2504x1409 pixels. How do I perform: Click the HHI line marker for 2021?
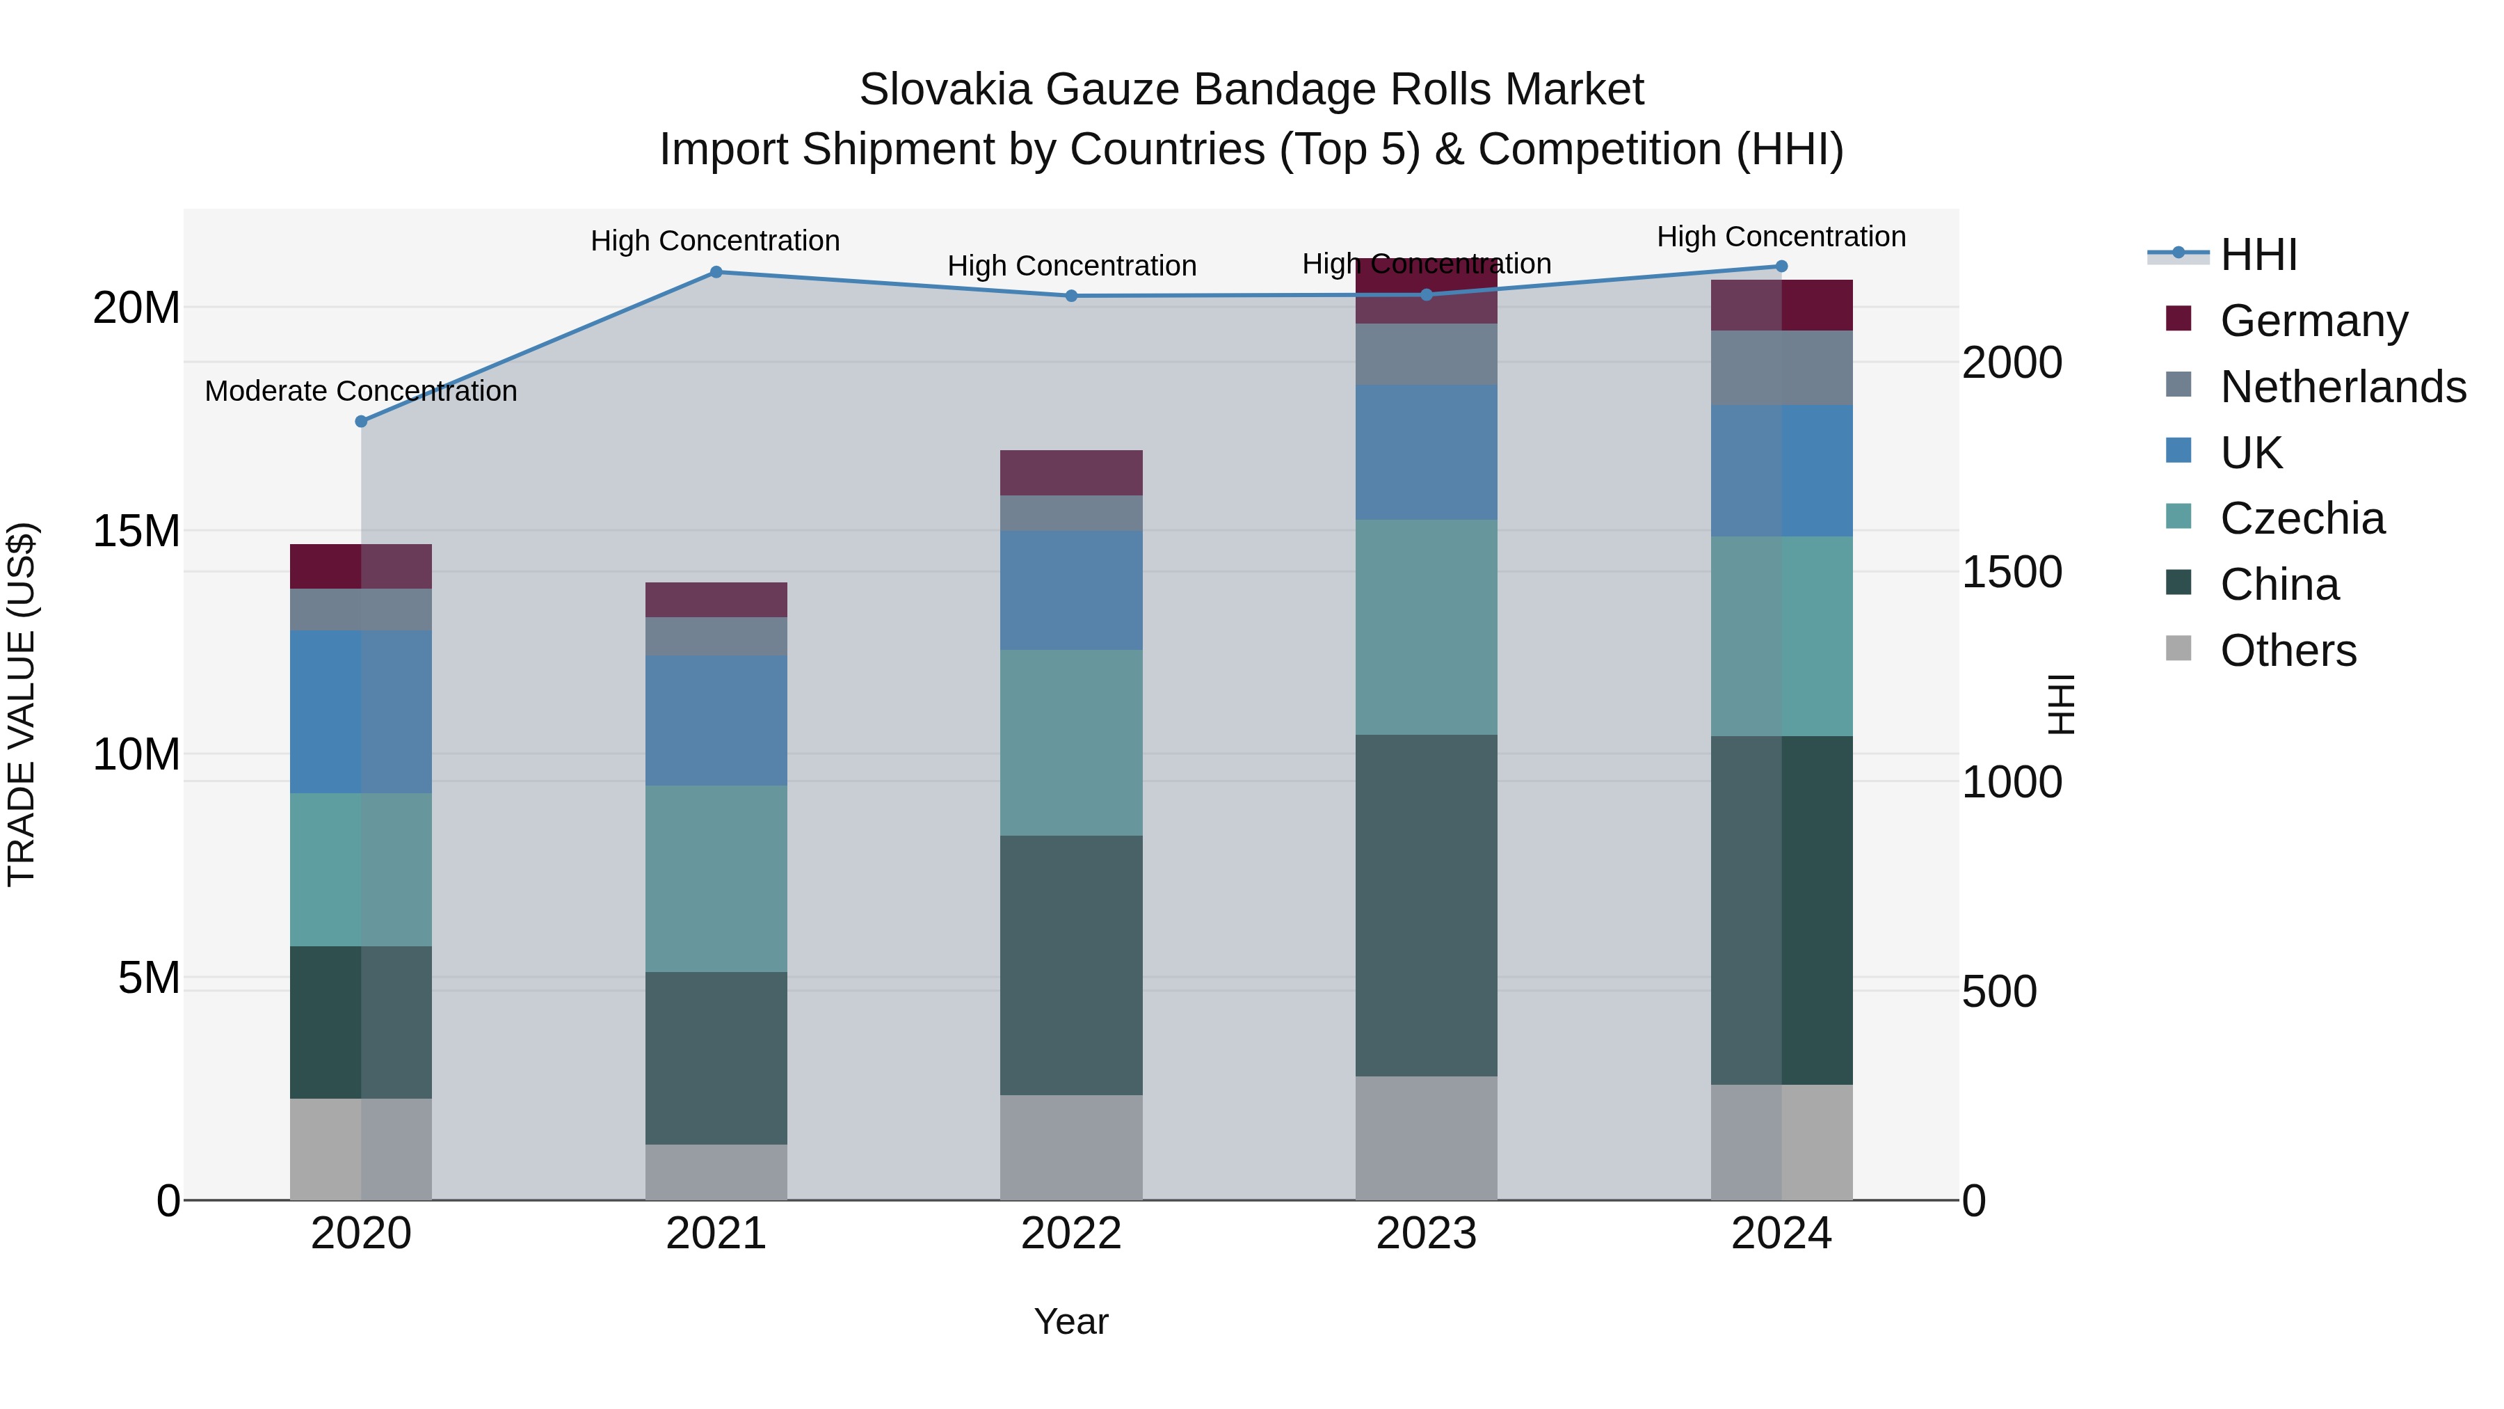(716, 272)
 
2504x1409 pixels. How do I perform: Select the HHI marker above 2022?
(1071, 296)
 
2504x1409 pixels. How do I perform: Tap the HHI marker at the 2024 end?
(1781, 266)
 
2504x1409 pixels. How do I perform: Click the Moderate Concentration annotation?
(360, 391)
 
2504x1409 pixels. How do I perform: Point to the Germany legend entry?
(2313, 320)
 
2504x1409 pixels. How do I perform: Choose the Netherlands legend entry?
(2343, 386)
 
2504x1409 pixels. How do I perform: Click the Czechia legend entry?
(2302, 518)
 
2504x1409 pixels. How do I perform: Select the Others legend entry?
(2288, 650)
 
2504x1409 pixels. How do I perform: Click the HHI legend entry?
(2258, 255)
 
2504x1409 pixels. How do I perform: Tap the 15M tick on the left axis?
(136, 531)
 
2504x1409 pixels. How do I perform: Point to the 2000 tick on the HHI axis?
(2011, 362)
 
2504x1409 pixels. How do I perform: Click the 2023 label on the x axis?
(1426, 1234)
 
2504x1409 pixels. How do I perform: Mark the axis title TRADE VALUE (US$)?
(22, 704)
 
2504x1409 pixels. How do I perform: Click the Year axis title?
(1071, 1321)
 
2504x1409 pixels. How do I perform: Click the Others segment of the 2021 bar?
(716, 1172)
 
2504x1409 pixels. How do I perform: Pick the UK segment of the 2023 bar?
(1426, 452)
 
